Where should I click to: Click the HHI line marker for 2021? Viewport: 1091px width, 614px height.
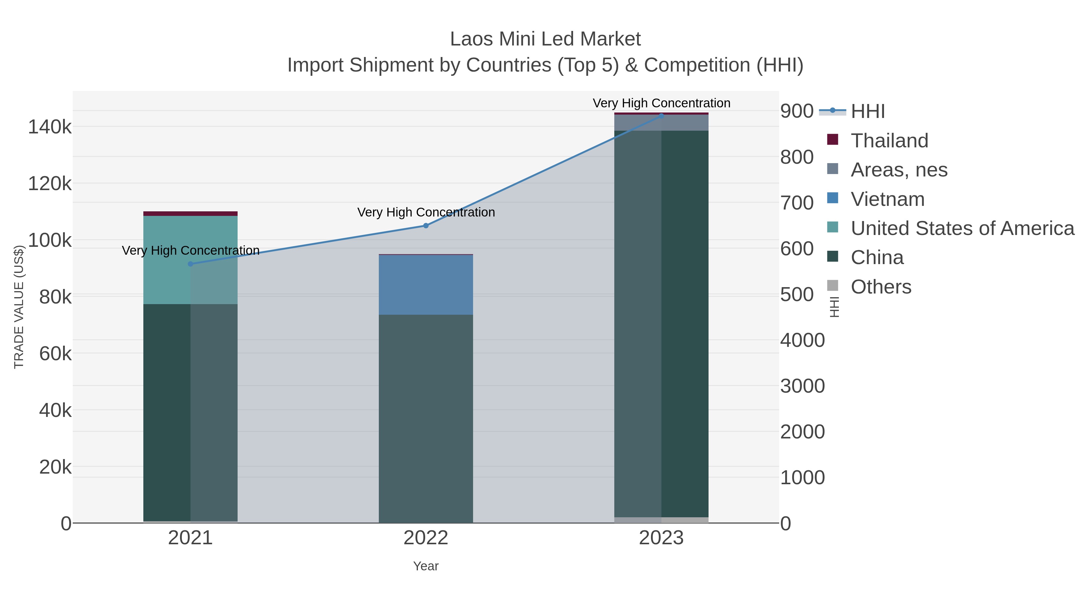[x=190, y=264]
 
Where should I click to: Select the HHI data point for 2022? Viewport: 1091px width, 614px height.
[x=426, y=226]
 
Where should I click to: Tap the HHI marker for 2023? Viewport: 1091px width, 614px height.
[x=661, y=116]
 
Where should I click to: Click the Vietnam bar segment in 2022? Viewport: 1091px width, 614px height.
[x=426, y=285]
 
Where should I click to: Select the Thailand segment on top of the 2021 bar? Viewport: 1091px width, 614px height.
[x=190, y=213]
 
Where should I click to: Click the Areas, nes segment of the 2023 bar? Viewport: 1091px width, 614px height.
[x=661, y=122]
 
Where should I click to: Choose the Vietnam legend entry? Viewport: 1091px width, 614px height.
[x=887, y=199]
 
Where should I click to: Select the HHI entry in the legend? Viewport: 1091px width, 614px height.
[x=867, y=112]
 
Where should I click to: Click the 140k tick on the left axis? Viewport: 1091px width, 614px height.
[x=50, y=127]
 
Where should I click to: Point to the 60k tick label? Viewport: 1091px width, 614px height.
[x=55, y=354]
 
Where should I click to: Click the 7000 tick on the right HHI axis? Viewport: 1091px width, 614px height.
[x=797, y=203]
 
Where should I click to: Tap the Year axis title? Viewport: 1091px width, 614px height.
[x=426, y=566]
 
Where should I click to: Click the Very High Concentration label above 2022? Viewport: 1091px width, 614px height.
[x=426, y=212]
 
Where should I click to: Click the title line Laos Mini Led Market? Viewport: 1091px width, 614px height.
[x=545, y=39]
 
